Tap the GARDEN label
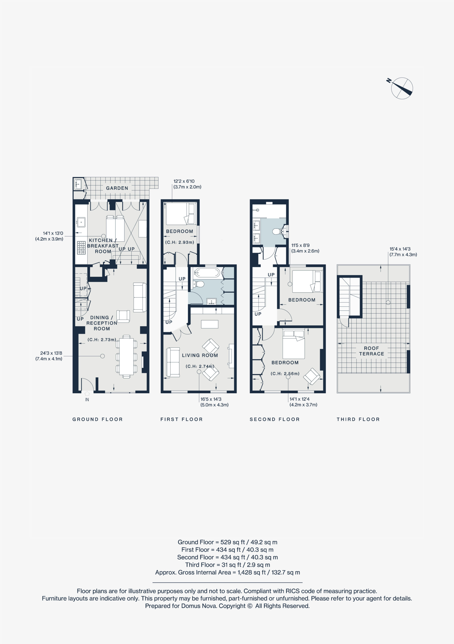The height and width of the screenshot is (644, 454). click(x=117, y=188)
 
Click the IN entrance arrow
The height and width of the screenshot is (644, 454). click(x=87, y=393)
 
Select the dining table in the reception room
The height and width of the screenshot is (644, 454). click(x=126, y=356)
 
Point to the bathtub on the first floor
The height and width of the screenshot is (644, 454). click(x=208, y=272)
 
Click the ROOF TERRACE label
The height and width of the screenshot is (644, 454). click(x=372, y=351)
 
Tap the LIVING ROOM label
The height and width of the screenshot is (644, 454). click(x=200, y=355)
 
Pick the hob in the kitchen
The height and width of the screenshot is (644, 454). click(x=81, y=248)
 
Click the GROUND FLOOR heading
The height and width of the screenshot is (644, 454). click(x=98, y=419)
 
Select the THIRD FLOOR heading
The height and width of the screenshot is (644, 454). click(x=358, y=419)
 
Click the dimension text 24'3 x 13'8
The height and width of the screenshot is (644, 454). click(x=51, y=353)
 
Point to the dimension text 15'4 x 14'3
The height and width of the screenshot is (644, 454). click(x=400, y=249)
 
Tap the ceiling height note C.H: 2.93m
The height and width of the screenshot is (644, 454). click(x=180, y=242)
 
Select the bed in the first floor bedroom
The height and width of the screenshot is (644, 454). click(x=180, y=214)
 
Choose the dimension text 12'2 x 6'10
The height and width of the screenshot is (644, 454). click(x=184, y=181)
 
